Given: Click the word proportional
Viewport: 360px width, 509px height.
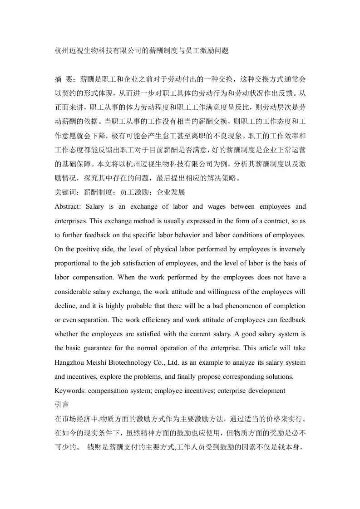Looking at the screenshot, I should point(74,264).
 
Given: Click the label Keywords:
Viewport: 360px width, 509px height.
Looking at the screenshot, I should point(69,391).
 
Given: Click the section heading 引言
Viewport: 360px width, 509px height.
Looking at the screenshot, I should point(61,405).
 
